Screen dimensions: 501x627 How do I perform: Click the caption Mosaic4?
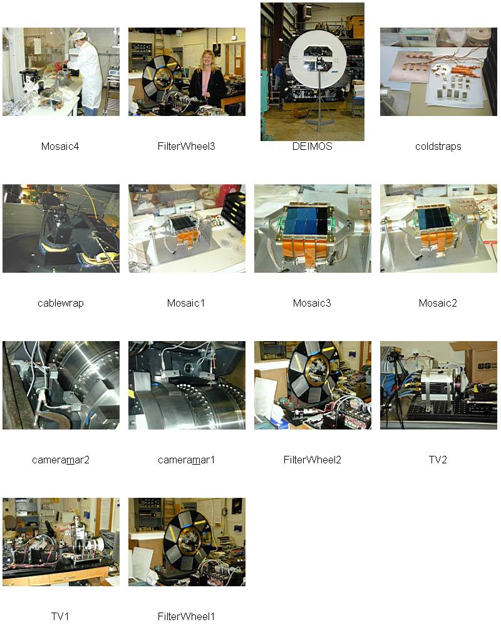(x=60, y=146)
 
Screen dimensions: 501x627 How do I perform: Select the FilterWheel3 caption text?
(x=186, y=146)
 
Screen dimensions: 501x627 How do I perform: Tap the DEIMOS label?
(x=312, y=146)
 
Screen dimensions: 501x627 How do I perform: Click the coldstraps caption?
(x=438, y=146)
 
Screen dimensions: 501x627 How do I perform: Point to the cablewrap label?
(x=60, y=303)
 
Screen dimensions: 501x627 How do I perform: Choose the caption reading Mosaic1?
(x=186, y=303)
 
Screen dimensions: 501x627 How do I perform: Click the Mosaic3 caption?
(x=312, y=303)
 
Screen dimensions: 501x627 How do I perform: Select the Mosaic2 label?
(x=438, y=303)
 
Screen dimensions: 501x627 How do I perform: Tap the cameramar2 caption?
(x=60, y=460)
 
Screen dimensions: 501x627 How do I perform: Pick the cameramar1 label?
(x=186, y=460)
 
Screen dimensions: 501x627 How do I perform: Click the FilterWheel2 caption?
(x=312, y=460)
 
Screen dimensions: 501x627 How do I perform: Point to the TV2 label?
(x=438, y=460)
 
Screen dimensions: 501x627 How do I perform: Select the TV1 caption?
(x=60, y=616)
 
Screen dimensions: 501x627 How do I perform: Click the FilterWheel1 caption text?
(x=186, y=616)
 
